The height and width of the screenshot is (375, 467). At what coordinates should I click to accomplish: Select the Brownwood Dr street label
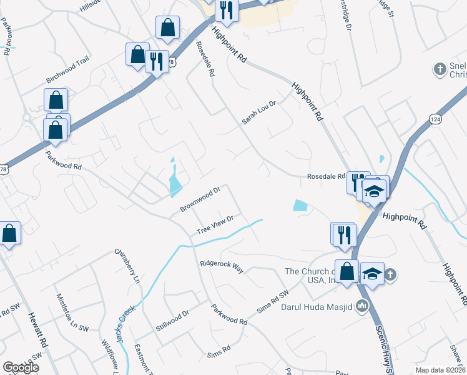(x=200, y=199)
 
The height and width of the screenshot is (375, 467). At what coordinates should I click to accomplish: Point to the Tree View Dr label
(x=215, y=225)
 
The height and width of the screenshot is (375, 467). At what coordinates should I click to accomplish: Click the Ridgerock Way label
(x=222, y=264)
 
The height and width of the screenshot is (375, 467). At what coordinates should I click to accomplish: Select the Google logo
(x=21, y=367)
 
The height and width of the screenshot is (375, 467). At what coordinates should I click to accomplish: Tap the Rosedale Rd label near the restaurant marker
(x=326, y=177)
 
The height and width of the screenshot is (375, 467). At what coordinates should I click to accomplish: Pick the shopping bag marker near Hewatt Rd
(x=10, y=234)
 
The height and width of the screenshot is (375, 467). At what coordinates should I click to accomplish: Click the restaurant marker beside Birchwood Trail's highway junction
(x=155, y=61)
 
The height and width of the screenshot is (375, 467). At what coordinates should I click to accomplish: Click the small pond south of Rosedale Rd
(x=300, y=205)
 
